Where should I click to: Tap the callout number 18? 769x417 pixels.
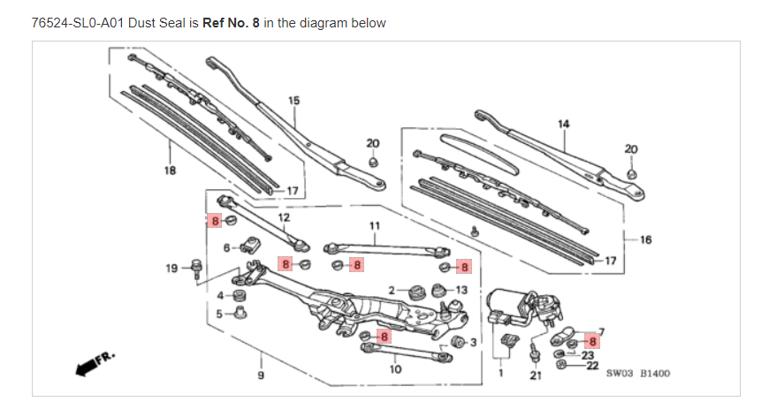[170, 171]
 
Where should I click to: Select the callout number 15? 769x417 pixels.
[293, 101]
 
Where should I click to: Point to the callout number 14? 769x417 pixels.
[564, 124]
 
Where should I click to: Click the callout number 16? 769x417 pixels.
[646, 239]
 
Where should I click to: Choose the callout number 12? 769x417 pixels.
[284, 217]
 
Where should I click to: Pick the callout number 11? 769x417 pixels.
[375, 226]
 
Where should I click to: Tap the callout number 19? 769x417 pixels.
[171, 268]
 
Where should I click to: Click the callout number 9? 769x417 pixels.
[261, 375]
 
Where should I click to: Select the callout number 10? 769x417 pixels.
[395, 369]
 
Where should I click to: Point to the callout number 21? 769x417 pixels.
[536, 375]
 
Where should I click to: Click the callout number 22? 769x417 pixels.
[592, 366]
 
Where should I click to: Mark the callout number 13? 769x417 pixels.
[461, 290]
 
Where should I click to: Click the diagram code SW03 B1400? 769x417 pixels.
[638, 374]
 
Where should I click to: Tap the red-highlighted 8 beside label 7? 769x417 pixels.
[592, 342]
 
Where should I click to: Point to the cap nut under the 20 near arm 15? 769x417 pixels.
[373, 162]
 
